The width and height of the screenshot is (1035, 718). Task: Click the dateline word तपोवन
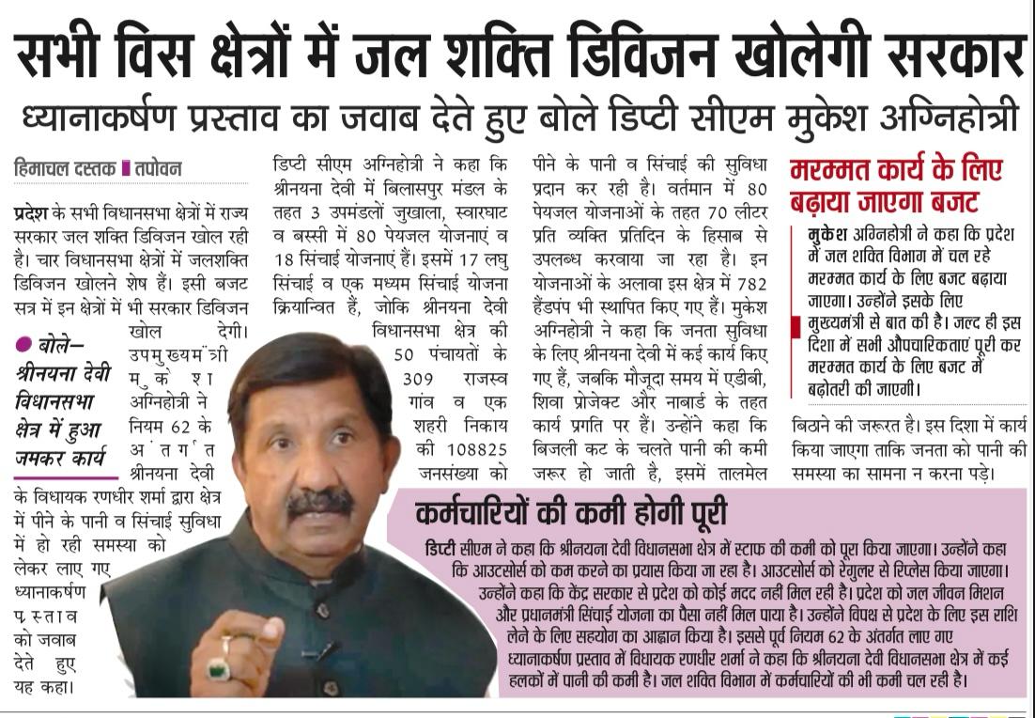(x=157, y=169)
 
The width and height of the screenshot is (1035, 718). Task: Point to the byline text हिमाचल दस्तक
(x=65, y=169)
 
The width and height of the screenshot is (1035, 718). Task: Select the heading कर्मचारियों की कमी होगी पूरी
(x=571, y=514)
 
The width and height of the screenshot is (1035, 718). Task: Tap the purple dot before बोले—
(x=22, y=345)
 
